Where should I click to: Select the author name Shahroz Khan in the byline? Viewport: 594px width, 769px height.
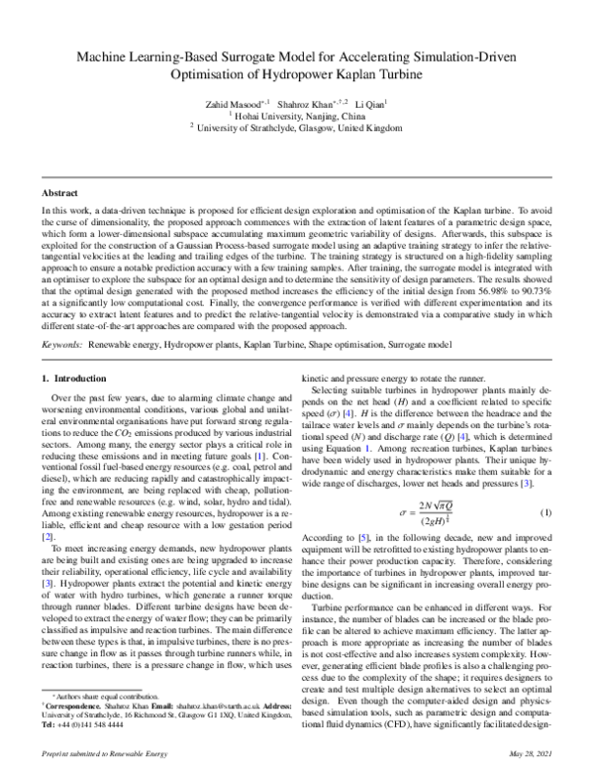307,102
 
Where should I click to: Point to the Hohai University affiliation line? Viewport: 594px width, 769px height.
296,115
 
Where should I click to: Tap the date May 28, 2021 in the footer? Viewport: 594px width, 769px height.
526,755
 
